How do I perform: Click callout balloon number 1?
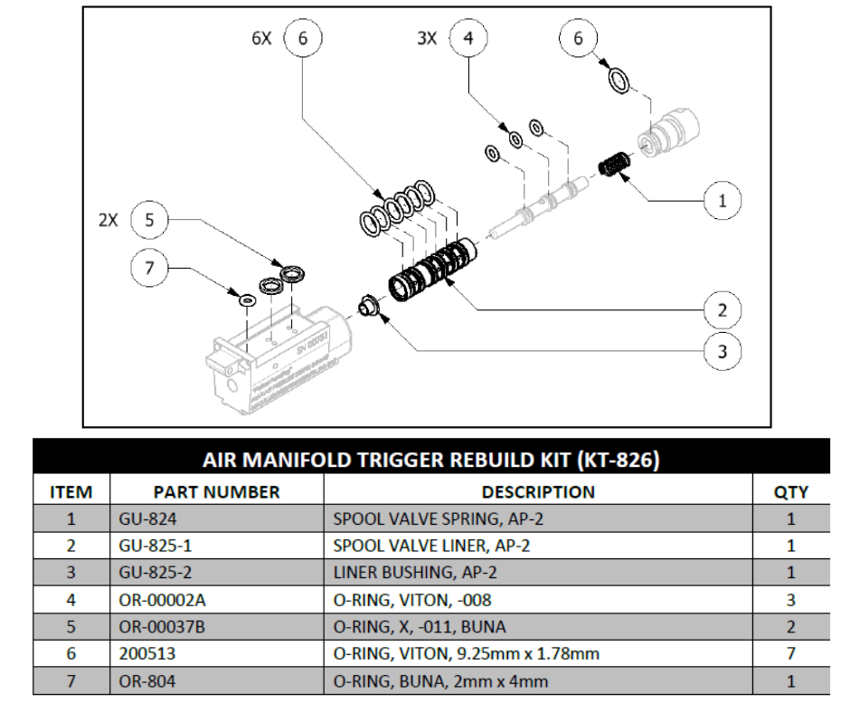point(722,201)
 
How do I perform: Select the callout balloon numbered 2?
point(722,310)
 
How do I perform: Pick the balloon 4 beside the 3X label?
point(467,39)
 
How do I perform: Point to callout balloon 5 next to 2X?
point(150,220)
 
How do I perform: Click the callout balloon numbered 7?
point(150,267)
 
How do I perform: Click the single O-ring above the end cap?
point(619,80)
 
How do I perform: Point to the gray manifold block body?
point(271,357)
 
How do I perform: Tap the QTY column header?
point(792,492)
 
